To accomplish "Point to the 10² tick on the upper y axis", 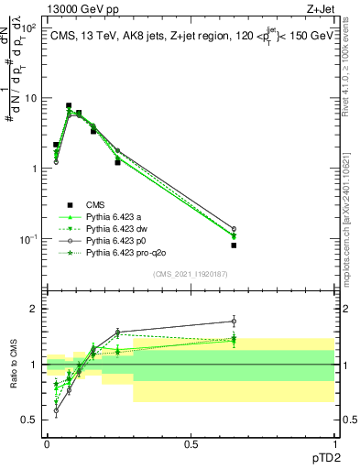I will pyautogui.click(x=29, y=27).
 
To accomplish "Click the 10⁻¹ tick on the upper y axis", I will pyautogui.click(x=29, y=239).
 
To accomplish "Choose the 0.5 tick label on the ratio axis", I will pyautogui.click(x=31, y=420).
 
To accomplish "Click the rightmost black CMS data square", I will pyautogui.click(x=234, y=245).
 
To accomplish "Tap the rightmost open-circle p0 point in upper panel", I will pyautogui.click(x=234, y=229).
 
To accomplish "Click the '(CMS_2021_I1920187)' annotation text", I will pyautogui.click(x=190, y=273).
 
